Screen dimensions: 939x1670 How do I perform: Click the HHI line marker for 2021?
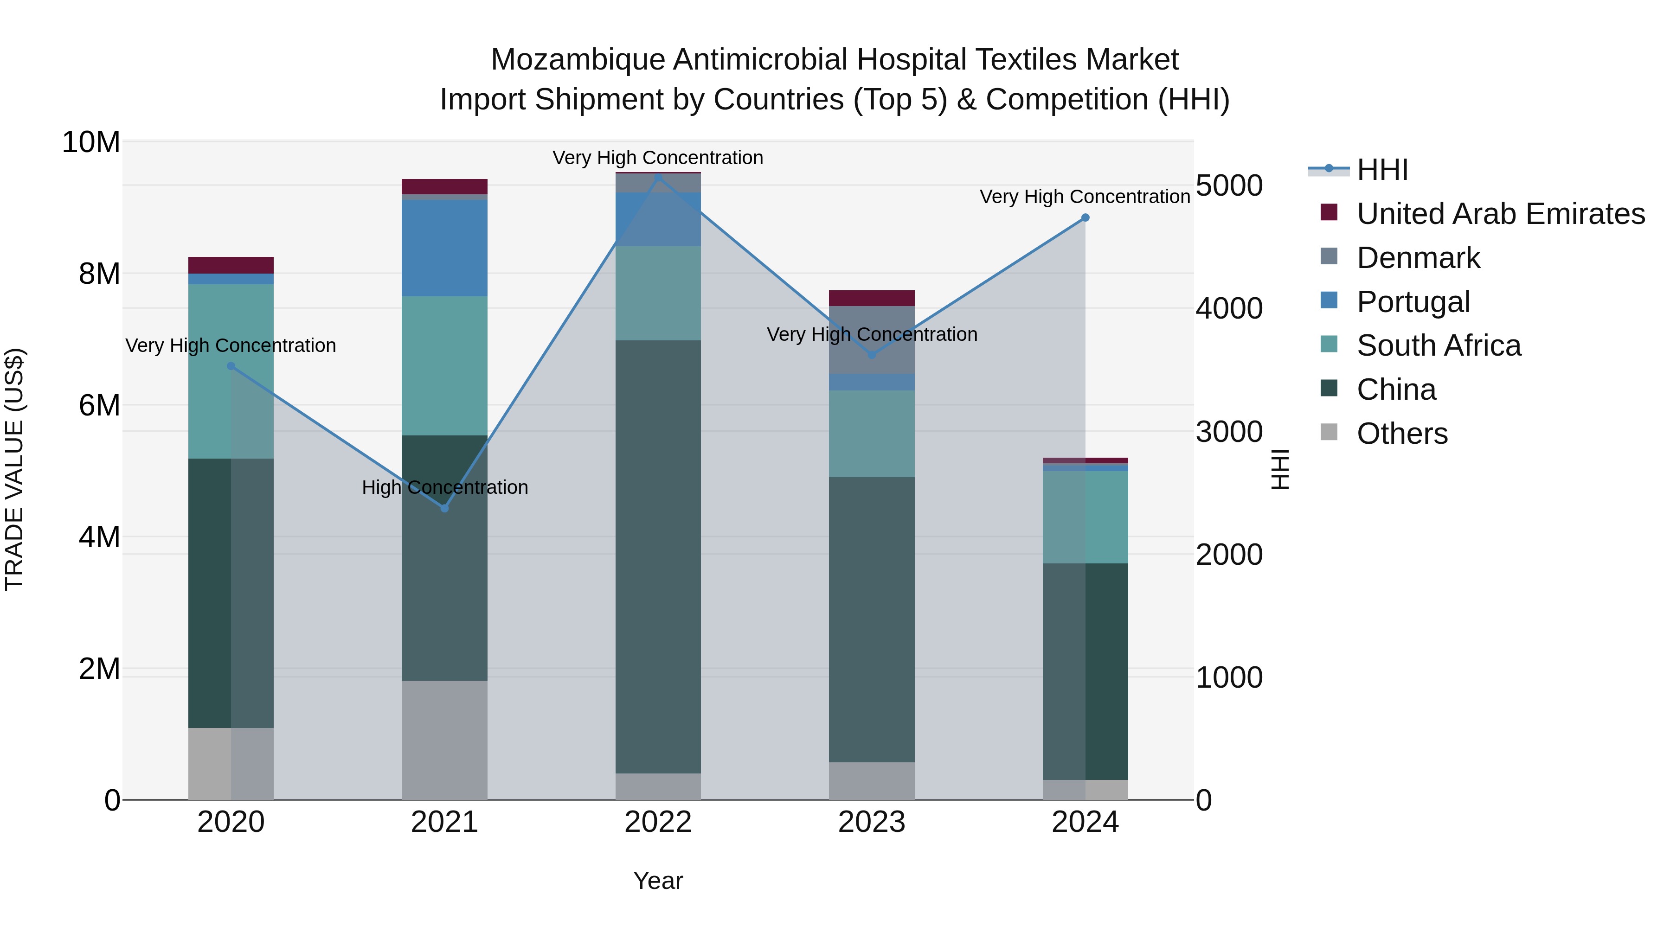click(x=445, y=508)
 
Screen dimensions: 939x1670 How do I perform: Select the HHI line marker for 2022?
click(x=658, y=176)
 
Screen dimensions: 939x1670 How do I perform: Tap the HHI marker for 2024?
click(x=1085, y=218)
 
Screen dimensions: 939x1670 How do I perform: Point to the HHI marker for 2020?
click(x=231, y=366)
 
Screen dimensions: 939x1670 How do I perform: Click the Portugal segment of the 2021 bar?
click(x=445, y=248)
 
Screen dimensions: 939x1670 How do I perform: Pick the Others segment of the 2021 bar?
click(x=445, y=740)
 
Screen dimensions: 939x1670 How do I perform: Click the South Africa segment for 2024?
click(x=1085, y=517)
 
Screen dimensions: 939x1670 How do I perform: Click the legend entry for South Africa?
click(x=1438, y=345)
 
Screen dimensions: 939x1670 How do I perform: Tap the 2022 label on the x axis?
click(x=658, y=822)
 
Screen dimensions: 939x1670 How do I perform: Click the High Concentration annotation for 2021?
click(x=445, y=487)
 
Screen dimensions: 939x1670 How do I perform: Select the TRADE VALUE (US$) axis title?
click(x=14, y=469)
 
